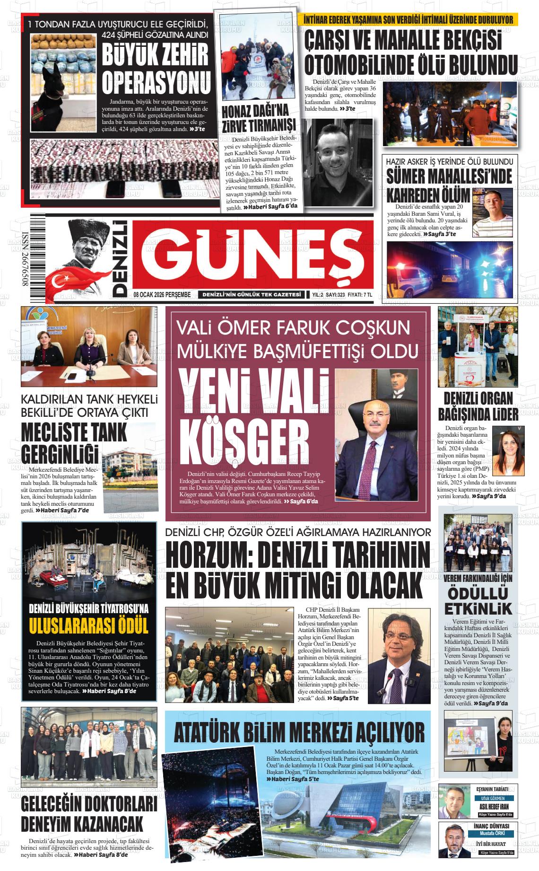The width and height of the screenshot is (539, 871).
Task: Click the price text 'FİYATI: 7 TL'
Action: click(360, 295)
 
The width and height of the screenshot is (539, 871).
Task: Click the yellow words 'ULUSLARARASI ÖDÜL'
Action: click(89, 625)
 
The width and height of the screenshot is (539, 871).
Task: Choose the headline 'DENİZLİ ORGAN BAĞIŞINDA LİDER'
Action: click(478, 406)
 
